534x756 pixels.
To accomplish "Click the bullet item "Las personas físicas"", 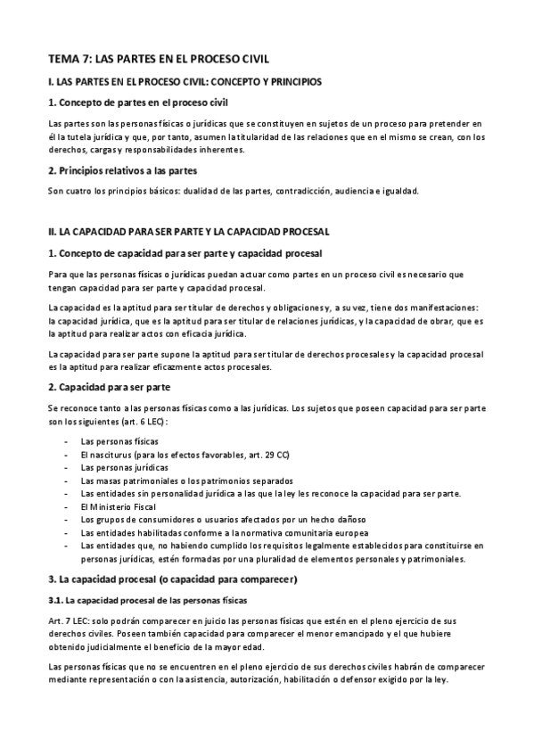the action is [119, 440].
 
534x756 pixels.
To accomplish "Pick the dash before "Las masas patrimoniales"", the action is [68, 481].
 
